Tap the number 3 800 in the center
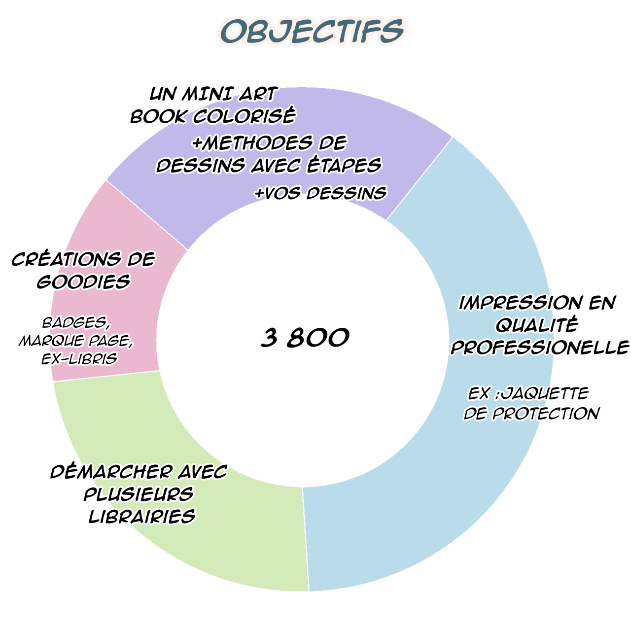click(x=305, y=338)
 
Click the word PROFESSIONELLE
click(x=540, y=348)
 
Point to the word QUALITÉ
click(x=537, y=325)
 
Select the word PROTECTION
click(x=546, y=414)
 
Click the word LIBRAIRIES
click(x=142, y=517)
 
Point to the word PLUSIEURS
click(x=139, y=494)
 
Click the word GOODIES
click(x=84, y=282)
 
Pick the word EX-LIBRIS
click(x=79, y=358)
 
